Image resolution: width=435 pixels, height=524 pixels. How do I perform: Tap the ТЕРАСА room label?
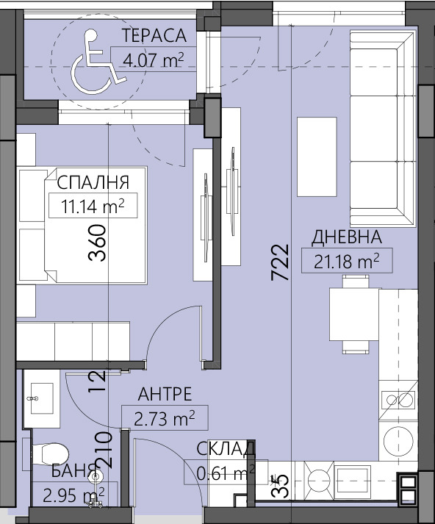[153, 35]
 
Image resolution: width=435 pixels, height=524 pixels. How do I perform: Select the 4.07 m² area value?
[153, 59]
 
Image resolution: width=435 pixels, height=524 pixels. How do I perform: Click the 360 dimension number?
[98, 243]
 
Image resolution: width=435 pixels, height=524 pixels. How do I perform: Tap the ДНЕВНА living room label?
[347, 237]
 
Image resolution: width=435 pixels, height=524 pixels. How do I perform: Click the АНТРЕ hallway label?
[165, 394]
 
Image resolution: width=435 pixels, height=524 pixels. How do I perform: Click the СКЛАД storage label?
[226, 448]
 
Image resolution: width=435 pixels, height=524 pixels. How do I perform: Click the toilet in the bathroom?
[51, 451]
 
